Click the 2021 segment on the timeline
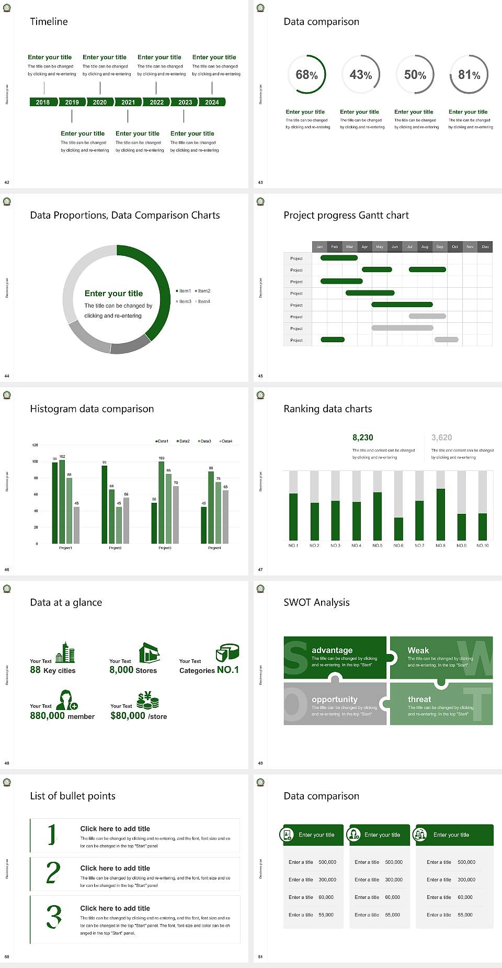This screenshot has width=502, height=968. pyautogui.click(x=128, y=102)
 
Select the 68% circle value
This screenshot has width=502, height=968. pyautogui.click(x=306, y=75)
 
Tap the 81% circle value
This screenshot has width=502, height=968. pyautogui.click(x=469, y=75)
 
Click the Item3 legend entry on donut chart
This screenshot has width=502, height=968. pyautogui.click(x=184, y=301)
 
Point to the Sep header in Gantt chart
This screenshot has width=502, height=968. pyautogui.click(x=440, y=246)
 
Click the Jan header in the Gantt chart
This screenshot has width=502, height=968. pyautogui.click(x=320, y=246)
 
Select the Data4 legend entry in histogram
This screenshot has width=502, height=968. pyautogui.click(x=226, y=441)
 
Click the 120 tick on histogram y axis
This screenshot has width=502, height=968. pyautogui.click(x=35, y=445)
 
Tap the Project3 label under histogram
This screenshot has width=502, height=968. pyautogui.click(x=165, y=548)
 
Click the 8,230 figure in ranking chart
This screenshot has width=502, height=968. pyautogui.click(x=363, y=437)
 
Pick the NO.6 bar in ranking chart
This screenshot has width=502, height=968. pyautogui.click(x=398, y=528)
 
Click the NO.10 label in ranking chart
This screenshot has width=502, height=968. pyautogui.click(x=482, y=545)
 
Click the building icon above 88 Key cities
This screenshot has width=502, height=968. pyautogui.click(x=65, y=652)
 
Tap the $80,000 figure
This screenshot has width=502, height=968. pyautogui.click(x=128, y=716)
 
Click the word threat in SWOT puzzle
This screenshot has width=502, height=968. pyautogui.click(x=419, y=699)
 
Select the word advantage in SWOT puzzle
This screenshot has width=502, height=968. pyautogui.click(x=332, y=650)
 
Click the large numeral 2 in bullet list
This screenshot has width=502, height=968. pyautogui.click(x=53, y=873)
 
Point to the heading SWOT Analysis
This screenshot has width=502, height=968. pyautogui.click(x=316, y=602)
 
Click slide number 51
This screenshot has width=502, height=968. pyautogui.click(x=260, y=956)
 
